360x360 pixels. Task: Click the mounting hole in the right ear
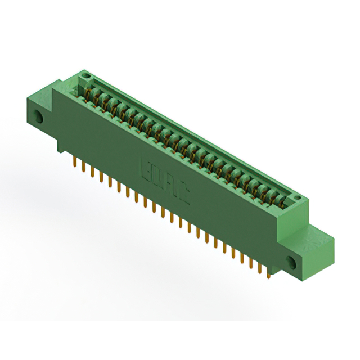pos(292,262)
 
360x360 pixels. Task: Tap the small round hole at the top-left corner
pos(85,75)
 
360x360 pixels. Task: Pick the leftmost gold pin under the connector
pos(75,162)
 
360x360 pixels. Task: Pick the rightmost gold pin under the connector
pos(271,273)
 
